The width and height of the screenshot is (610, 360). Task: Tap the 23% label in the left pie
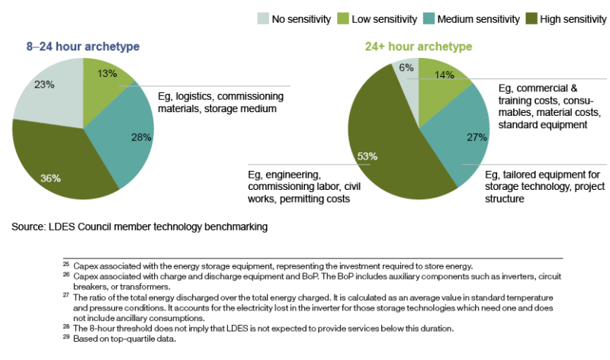(44, 85)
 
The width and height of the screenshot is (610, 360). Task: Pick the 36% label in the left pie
(50, 178)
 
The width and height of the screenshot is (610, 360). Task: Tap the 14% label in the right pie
(444, 75)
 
